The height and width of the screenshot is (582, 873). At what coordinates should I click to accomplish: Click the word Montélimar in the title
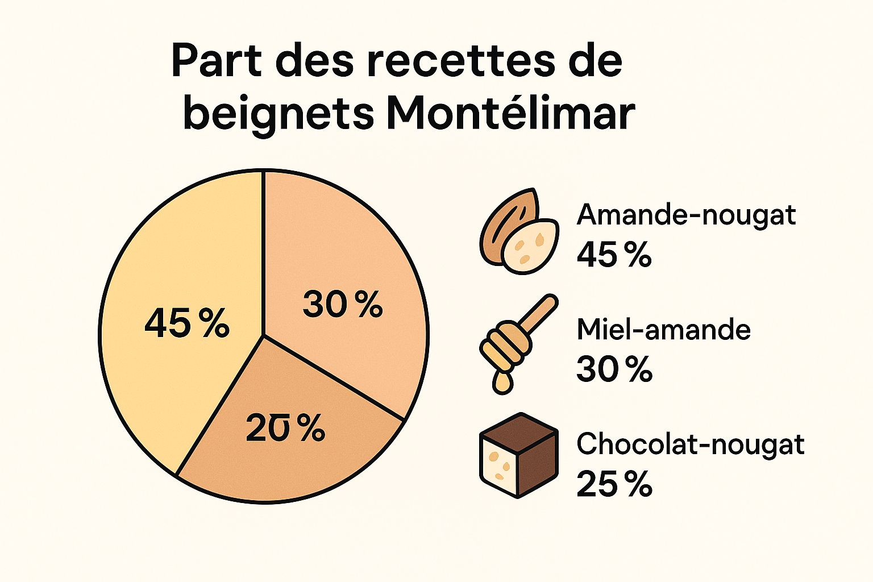[x=509, y=113]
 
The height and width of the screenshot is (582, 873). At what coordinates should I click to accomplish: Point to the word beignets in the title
[x=278, y=114]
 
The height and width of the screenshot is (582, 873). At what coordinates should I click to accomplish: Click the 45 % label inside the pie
[x=186, y=323]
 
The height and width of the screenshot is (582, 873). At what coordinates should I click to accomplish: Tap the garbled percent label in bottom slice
[x=285, y=428]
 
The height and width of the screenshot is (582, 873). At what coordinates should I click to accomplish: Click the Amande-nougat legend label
[x=686, y=215]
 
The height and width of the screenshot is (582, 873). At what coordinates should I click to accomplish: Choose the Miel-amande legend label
[x=663, y=330]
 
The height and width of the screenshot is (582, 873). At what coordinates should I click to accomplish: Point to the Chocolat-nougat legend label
[x=690, y=444]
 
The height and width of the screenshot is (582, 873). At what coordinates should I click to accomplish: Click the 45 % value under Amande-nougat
[x=614, y=255]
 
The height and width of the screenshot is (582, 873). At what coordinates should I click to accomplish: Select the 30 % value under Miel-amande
[x=614, y=369]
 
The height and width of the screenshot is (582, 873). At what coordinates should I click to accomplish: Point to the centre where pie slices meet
[x=263, y=335]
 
